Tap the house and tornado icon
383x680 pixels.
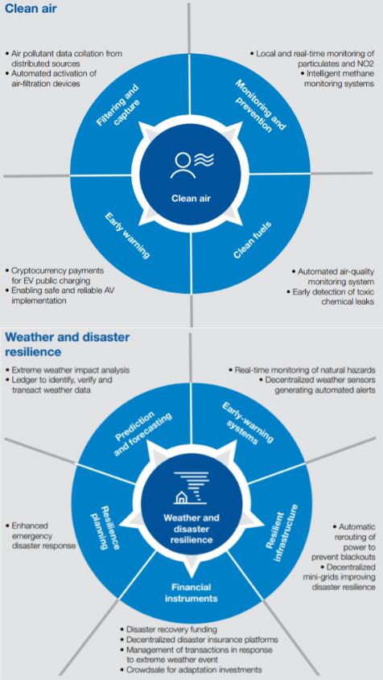coord(191,488)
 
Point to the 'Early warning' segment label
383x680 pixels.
coord(128,235)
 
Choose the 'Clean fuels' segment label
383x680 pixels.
coord(252,240)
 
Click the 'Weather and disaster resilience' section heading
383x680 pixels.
coord(68,344)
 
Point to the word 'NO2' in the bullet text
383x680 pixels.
coord(364,63)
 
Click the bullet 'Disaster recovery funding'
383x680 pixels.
coord(169,629)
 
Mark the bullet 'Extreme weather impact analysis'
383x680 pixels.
coord(68,370)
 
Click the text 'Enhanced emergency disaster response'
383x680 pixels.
coord(41,536)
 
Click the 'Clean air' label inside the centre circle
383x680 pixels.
coord(191,199)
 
